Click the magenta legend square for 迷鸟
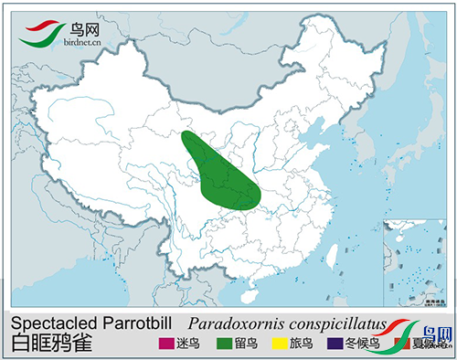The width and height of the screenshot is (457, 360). pyautogui.click(x=165, y=344)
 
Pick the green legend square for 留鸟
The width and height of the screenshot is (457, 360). pyautogui.click(x=223, y=344)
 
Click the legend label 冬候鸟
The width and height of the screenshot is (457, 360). pyautogui.click(x=361, y=344)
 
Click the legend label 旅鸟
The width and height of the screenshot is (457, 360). pyautogui.click(x=301, y=344)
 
